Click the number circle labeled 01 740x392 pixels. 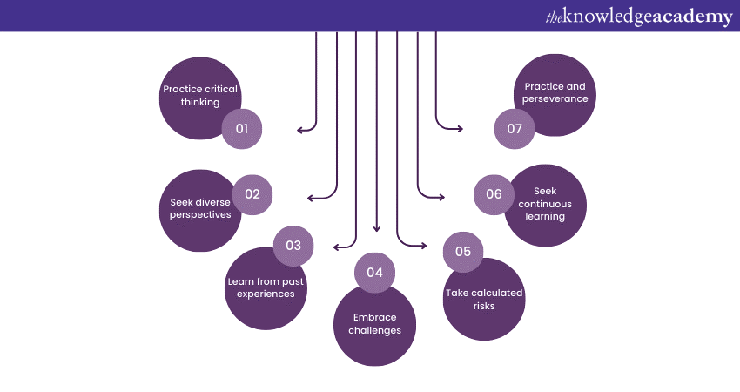(242, 130)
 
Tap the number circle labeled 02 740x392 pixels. (252, 194)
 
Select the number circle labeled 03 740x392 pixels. (293, 246)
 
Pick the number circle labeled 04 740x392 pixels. (374, 272)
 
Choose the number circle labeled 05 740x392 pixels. (463, 252)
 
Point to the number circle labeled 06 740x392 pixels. (494, 194)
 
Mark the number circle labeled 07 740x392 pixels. (515, 130)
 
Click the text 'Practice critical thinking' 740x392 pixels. (200, 95)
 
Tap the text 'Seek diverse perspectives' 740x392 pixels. (200, 208)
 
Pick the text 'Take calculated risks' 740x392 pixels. (484, 299)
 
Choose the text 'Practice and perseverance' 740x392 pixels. (555, 92)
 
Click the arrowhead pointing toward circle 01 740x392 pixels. (300, 130)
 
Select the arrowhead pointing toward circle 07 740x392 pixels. (460, 129)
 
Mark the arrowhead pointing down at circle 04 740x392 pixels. (376, 228)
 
